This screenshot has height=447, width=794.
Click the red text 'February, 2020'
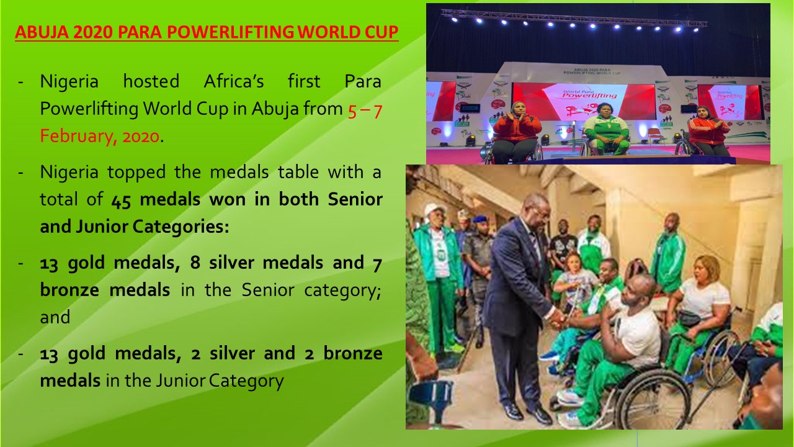100,136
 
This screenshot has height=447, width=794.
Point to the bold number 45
121,200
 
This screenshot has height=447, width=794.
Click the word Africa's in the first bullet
234,81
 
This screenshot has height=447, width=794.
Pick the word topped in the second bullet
136,173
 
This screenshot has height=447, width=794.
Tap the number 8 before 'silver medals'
195,263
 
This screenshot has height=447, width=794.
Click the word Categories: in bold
181,227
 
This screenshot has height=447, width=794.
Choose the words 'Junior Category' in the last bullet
220,381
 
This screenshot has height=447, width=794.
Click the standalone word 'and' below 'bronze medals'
55,317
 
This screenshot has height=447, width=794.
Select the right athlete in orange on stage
709,130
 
